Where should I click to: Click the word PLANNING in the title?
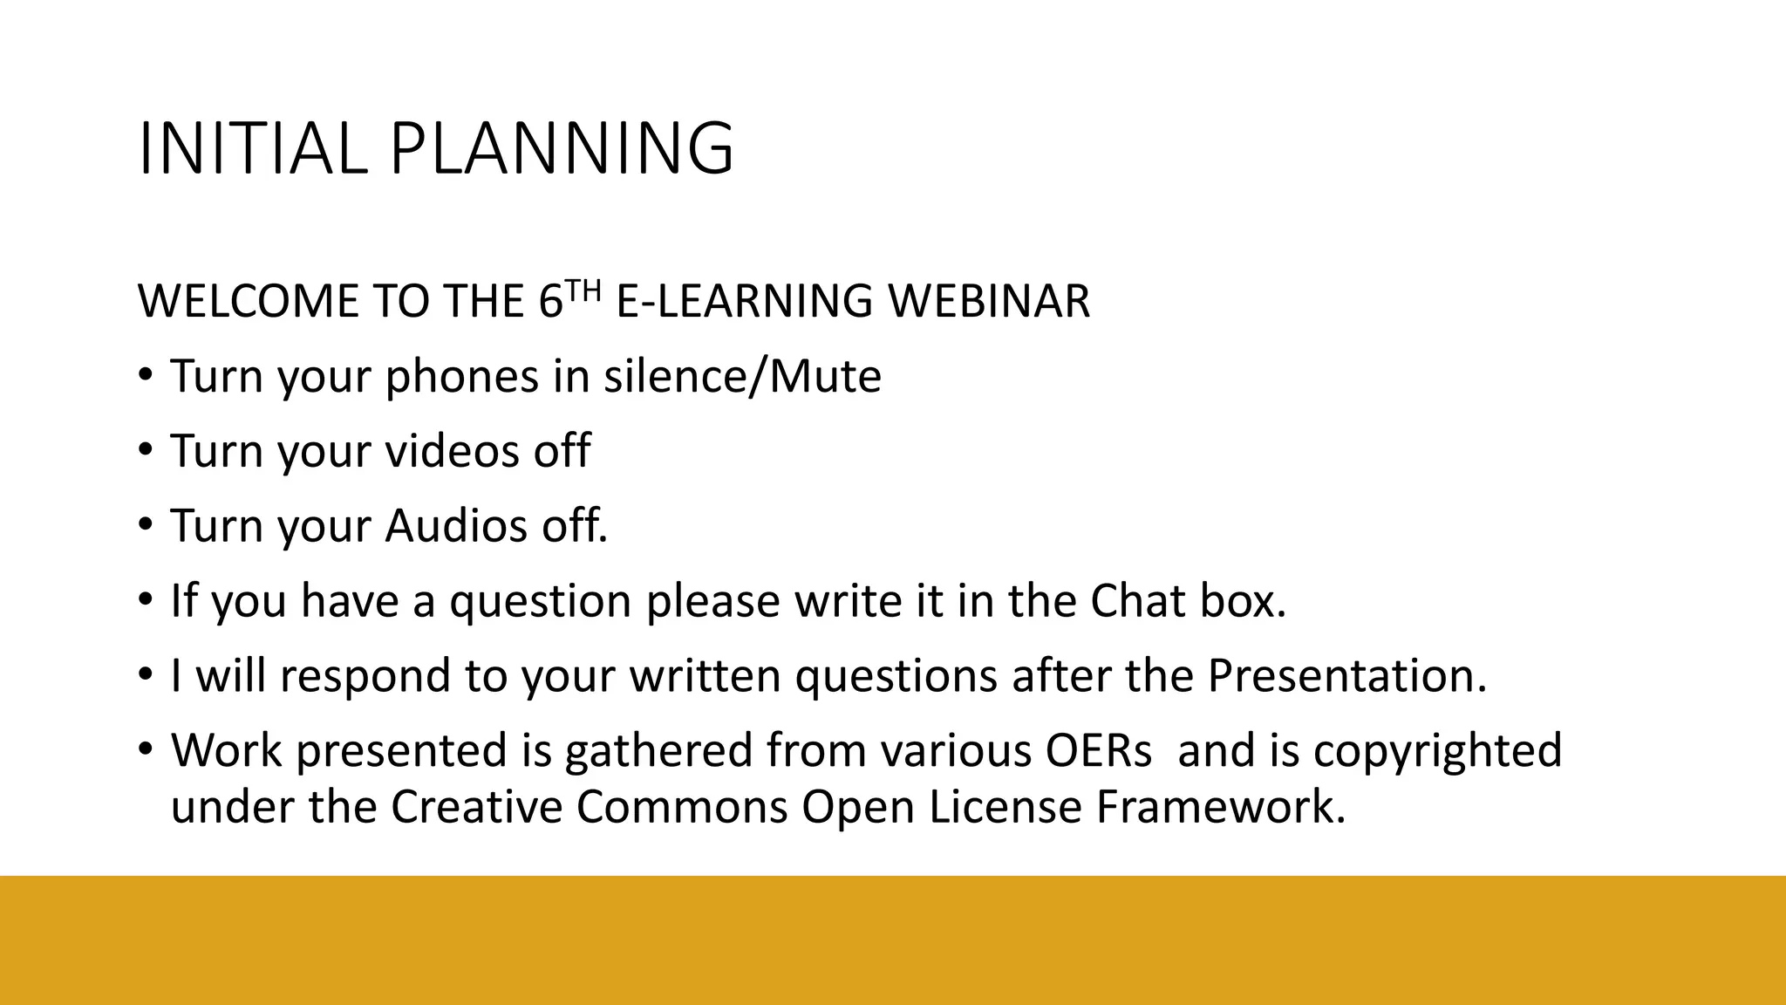coord(562,149)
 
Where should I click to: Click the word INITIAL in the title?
coord(251,149)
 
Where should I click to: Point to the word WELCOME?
coord(248,301)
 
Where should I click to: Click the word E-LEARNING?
coord(744,301)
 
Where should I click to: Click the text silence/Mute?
coord(742,376)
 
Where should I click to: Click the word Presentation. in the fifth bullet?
coord(1346,676)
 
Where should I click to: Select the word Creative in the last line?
coord(476,806)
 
